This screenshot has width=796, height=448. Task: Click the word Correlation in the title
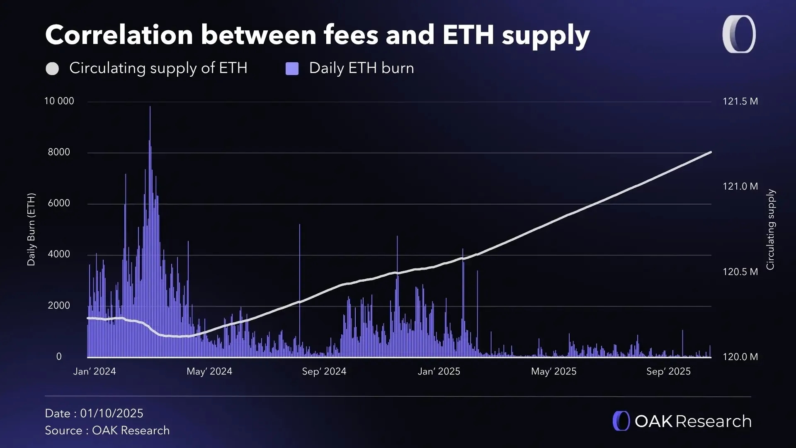pos(119,35)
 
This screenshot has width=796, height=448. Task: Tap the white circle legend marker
pos(52,68)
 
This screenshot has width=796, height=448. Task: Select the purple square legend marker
pos(292,68)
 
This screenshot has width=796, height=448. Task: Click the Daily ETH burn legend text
pos(361,68)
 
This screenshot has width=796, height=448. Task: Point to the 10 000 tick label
pos(59,101)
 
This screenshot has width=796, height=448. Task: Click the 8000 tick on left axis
pos(59,152)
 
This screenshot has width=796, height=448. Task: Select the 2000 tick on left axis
pos(59,306)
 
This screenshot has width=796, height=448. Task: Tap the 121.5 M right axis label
pos(740,102)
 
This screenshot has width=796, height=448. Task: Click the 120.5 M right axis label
pos(740,272)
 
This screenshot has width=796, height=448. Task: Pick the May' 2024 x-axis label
pos(209,371)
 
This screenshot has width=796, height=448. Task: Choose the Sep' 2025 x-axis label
pos(668,371)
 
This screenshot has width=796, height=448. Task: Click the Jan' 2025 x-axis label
pos(439,371)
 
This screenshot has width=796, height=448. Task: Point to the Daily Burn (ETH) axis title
pos(31,229)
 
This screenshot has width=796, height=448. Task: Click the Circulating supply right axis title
pos(770,229)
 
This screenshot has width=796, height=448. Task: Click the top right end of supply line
pos(711,153)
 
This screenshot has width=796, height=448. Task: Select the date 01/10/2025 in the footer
pos(112,414)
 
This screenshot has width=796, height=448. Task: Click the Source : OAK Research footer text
pos(107,431)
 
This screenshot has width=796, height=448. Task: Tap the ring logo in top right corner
pos(739,34)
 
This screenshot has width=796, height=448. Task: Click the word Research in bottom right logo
pos(713,421)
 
